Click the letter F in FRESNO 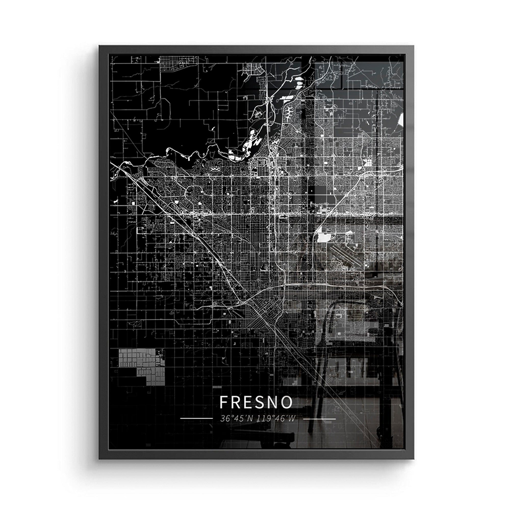[x=224, y=402]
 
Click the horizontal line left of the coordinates [x=196, y=419]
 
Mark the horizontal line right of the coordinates [x=320, y=419]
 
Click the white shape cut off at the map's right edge [x=401, y=120]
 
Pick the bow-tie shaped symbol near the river [x=215, y=169]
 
